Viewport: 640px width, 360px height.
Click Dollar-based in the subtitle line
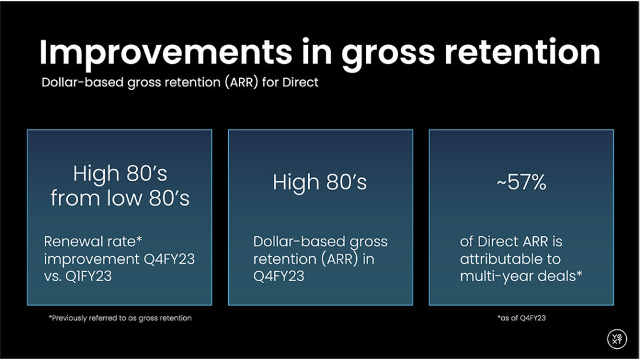(x=77, y=82)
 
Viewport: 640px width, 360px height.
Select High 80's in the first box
(x=120, y=173)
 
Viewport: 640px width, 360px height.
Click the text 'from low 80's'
(x=120, y=198)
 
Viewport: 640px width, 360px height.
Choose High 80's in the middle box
(x=320, y=182)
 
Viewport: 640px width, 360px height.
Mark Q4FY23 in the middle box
(x=279, y=275)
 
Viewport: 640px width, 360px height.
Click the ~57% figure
(x=521, y=182)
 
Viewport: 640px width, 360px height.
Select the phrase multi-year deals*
(x=521, y=275)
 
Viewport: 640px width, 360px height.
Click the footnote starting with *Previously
(x=120, y=318)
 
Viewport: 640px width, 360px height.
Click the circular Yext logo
(x=616, y=338)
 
